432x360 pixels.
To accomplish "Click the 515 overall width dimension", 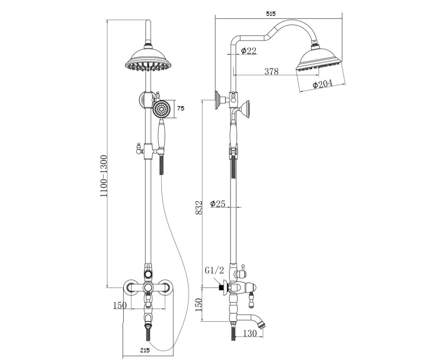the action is point(271,13).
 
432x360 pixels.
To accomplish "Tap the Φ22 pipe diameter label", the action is point(248,51).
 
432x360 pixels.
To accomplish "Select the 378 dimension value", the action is point(272,71).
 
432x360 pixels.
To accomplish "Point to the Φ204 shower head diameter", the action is point(322,84).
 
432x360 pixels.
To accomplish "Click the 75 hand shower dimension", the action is point(180,108).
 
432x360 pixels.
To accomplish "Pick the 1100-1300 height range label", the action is point(103,176).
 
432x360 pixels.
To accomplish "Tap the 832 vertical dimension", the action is point(199,207).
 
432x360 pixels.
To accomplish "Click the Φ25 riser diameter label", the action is point(218,203).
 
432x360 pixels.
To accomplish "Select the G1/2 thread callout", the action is point(214,271).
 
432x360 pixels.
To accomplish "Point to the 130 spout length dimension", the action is point(250,333).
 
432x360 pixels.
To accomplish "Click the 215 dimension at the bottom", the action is point(145,351).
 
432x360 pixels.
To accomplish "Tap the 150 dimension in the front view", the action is point(120,305).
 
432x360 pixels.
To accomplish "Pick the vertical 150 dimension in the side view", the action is point(199,305).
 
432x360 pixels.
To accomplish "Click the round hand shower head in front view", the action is point(161,110).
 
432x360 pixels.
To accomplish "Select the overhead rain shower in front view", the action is point(148,60).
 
